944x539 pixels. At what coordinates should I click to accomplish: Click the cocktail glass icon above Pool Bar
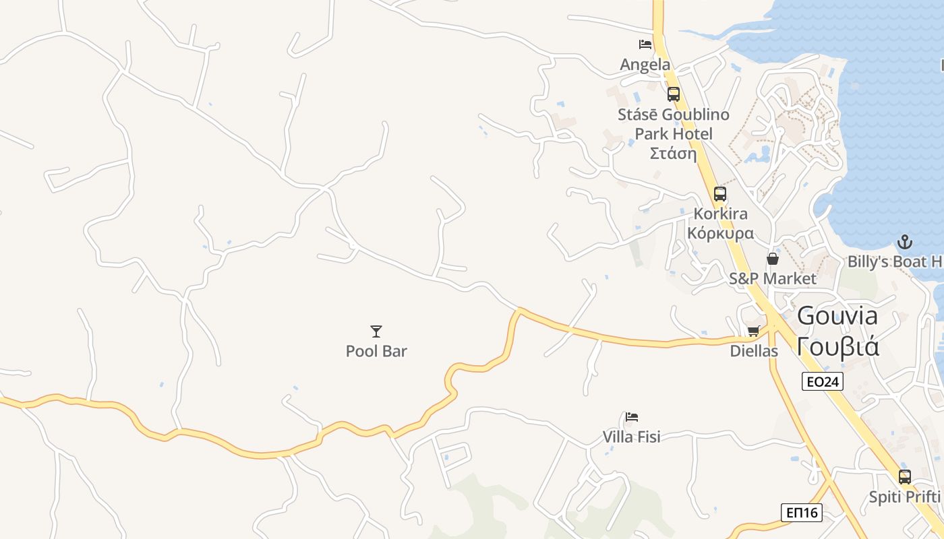tap(376, 331)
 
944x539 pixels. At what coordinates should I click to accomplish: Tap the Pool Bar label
tap(376, 351)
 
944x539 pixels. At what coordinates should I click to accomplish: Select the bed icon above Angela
tap(645, 44)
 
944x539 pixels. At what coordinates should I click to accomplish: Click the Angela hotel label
tap(645, 65)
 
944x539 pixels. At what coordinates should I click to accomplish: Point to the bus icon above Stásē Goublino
tap(673, 94)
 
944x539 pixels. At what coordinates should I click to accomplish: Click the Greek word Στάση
tap(673, 153)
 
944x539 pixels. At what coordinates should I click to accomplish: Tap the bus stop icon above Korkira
tap(720, 194)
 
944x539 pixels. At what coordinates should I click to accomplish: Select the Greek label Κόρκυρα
tap(720, 233)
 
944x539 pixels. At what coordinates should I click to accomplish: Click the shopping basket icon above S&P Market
tap(773, 259)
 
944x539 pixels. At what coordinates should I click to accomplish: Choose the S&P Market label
tap(773, 278)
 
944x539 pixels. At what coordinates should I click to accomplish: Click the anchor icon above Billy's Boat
tap(904, 242)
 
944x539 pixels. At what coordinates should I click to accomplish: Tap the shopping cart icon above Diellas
tap(754, 331)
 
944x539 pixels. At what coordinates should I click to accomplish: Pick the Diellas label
tap(754, 351)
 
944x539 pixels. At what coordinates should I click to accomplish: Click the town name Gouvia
tap(837, 315)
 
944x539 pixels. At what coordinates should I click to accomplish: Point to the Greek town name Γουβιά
tap(837, 346)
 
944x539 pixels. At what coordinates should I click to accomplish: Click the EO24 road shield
tap(823, 382)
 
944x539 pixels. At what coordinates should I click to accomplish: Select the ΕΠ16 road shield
tap(802, 512)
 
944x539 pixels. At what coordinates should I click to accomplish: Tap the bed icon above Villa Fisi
tap(632, 417)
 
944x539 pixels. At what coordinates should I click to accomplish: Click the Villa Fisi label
tap(632, 437)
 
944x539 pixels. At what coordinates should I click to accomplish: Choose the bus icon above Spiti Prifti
tap(904, 477)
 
